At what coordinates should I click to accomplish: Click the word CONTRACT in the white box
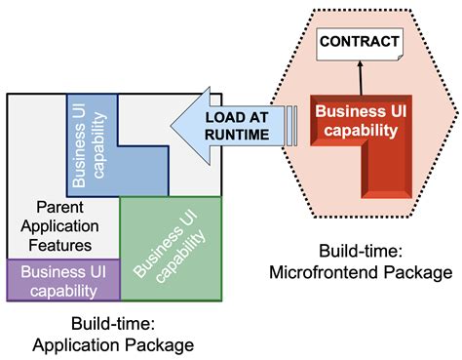tap(360, 42)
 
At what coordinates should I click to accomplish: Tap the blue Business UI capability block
tap(93, 141)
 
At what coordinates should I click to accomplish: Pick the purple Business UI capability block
tap(62, 280)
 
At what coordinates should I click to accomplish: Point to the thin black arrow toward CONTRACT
tap(361, 75)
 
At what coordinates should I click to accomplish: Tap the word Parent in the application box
tap(60, 208)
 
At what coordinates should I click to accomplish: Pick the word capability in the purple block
tap(62, 290)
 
